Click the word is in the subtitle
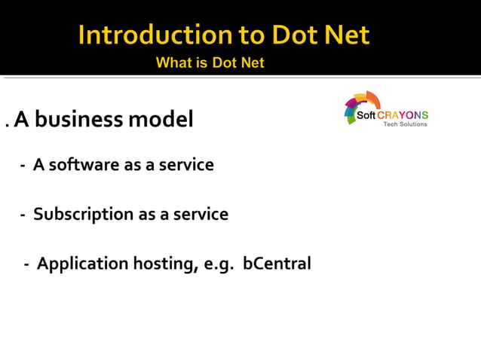[203, 63]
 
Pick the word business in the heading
[88, 119]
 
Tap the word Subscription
[83, 215]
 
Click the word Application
[83, 264]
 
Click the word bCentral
[277, 264]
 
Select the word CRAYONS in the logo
[403, 115]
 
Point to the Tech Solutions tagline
[405, 124]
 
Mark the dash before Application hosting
[27, 265]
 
